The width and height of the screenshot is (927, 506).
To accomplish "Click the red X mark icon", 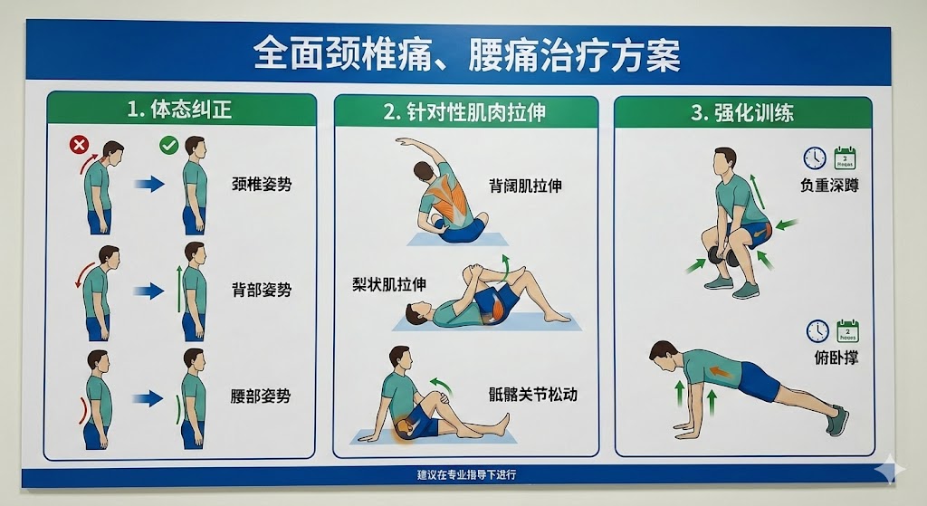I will click(x=79, y=144).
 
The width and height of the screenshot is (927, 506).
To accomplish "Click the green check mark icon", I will click(x=168, y=144).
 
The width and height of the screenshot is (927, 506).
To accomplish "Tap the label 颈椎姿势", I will click(x=262, y=185).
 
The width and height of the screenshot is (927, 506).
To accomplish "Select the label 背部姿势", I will click(x=262, y=291).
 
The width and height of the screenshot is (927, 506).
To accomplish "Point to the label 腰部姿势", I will click(x=262, y=396).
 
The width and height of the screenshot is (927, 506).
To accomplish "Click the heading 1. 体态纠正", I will click(x=179, y=110).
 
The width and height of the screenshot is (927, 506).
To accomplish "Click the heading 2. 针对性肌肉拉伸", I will click(x=464, y=112).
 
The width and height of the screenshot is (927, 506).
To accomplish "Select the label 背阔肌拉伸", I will click(x=526, y=186).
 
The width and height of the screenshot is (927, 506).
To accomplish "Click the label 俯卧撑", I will click(x=836, y=358).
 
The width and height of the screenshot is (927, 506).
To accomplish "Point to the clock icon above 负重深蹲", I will click(x=814, y=158).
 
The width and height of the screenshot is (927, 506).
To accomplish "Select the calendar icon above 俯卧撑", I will click(x=846, y=330).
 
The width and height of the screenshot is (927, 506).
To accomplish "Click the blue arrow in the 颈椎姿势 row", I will click(x=149, y=185).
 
